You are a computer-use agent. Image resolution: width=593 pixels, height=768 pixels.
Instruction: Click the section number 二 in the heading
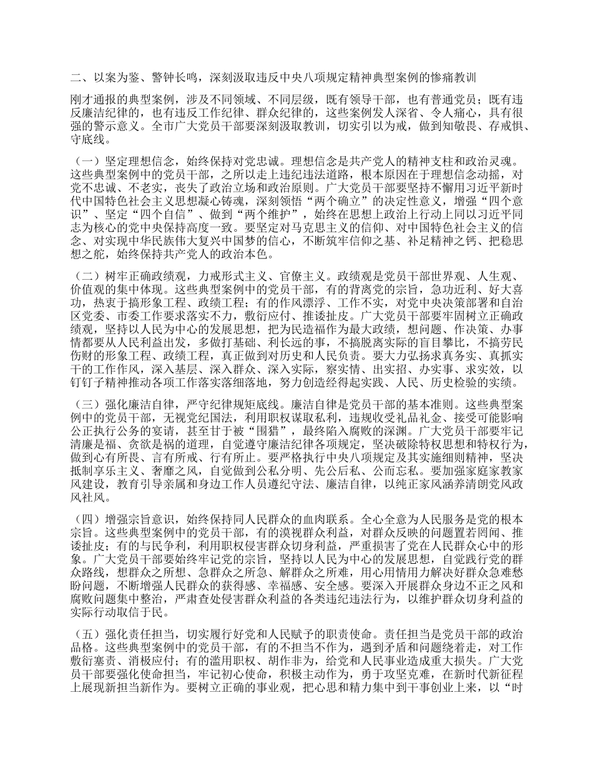coord(76,78)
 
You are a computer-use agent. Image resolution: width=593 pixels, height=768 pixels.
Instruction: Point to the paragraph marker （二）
coord(86,275)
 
